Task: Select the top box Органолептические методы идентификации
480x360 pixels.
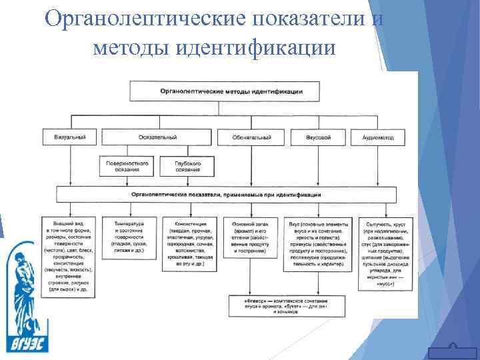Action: click(x=231, y=90)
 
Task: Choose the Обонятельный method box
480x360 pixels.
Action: click(x=251, y=137)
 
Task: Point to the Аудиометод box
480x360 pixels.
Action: click(x=377, y=137)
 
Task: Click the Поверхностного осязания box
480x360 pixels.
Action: click(x=127, y=165)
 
